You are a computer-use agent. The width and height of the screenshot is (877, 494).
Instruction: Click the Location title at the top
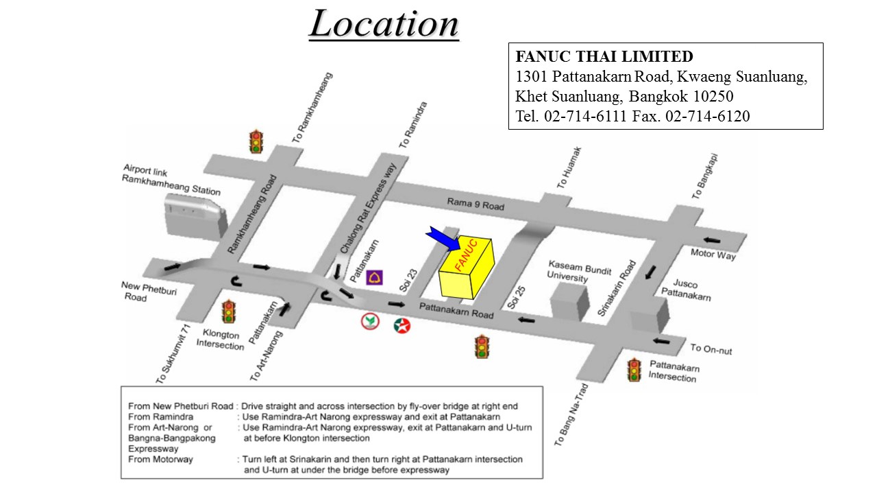point(384,24)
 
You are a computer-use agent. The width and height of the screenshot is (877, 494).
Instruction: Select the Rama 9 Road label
point(475,204)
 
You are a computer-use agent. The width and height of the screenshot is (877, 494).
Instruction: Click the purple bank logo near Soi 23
point(374,277)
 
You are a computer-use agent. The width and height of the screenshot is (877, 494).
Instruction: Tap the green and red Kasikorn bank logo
point(371,322)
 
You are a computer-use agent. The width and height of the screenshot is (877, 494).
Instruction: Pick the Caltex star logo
point(402,326)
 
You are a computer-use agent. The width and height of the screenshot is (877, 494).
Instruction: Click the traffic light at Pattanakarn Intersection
point(634,370)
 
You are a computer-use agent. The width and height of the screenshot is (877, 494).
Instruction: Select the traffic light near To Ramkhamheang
point(257,141)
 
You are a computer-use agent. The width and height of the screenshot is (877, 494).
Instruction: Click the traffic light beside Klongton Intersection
point(228,312)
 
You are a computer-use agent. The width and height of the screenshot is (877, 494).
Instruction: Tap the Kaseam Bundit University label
point(568,271)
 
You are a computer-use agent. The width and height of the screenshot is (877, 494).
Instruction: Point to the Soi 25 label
point(517,297)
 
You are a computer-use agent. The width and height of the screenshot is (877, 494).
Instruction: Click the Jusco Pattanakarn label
point(685,290)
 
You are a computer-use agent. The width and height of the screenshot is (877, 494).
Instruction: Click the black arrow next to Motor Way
point(713,240)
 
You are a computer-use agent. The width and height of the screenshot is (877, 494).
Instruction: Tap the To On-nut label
point(711,349)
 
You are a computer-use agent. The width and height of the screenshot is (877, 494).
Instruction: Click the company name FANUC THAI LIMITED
point(604,57)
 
